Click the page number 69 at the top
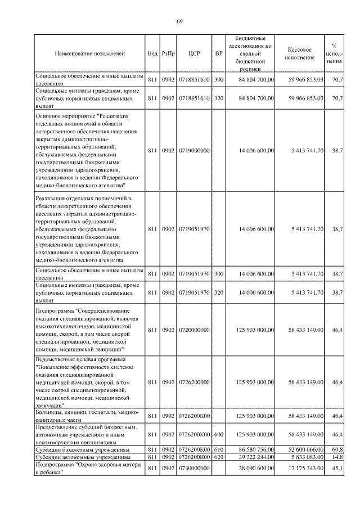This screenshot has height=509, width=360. point(179,21)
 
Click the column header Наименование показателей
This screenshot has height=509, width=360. point(89,53)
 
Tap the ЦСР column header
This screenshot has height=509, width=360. point(195,53)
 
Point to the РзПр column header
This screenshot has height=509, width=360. point(168,53)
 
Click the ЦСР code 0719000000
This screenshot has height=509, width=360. point(195,151)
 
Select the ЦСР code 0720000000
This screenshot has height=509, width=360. point(195,330)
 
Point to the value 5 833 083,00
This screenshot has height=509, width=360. point(308,458)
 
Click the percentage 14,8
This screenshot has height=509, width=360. point(337,458)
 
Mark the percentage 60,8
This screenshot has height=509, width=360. point(337,451)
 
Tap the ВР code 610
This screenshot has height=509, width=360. point(219,451)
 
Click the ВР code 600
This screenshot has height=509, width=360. point(219,435)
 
